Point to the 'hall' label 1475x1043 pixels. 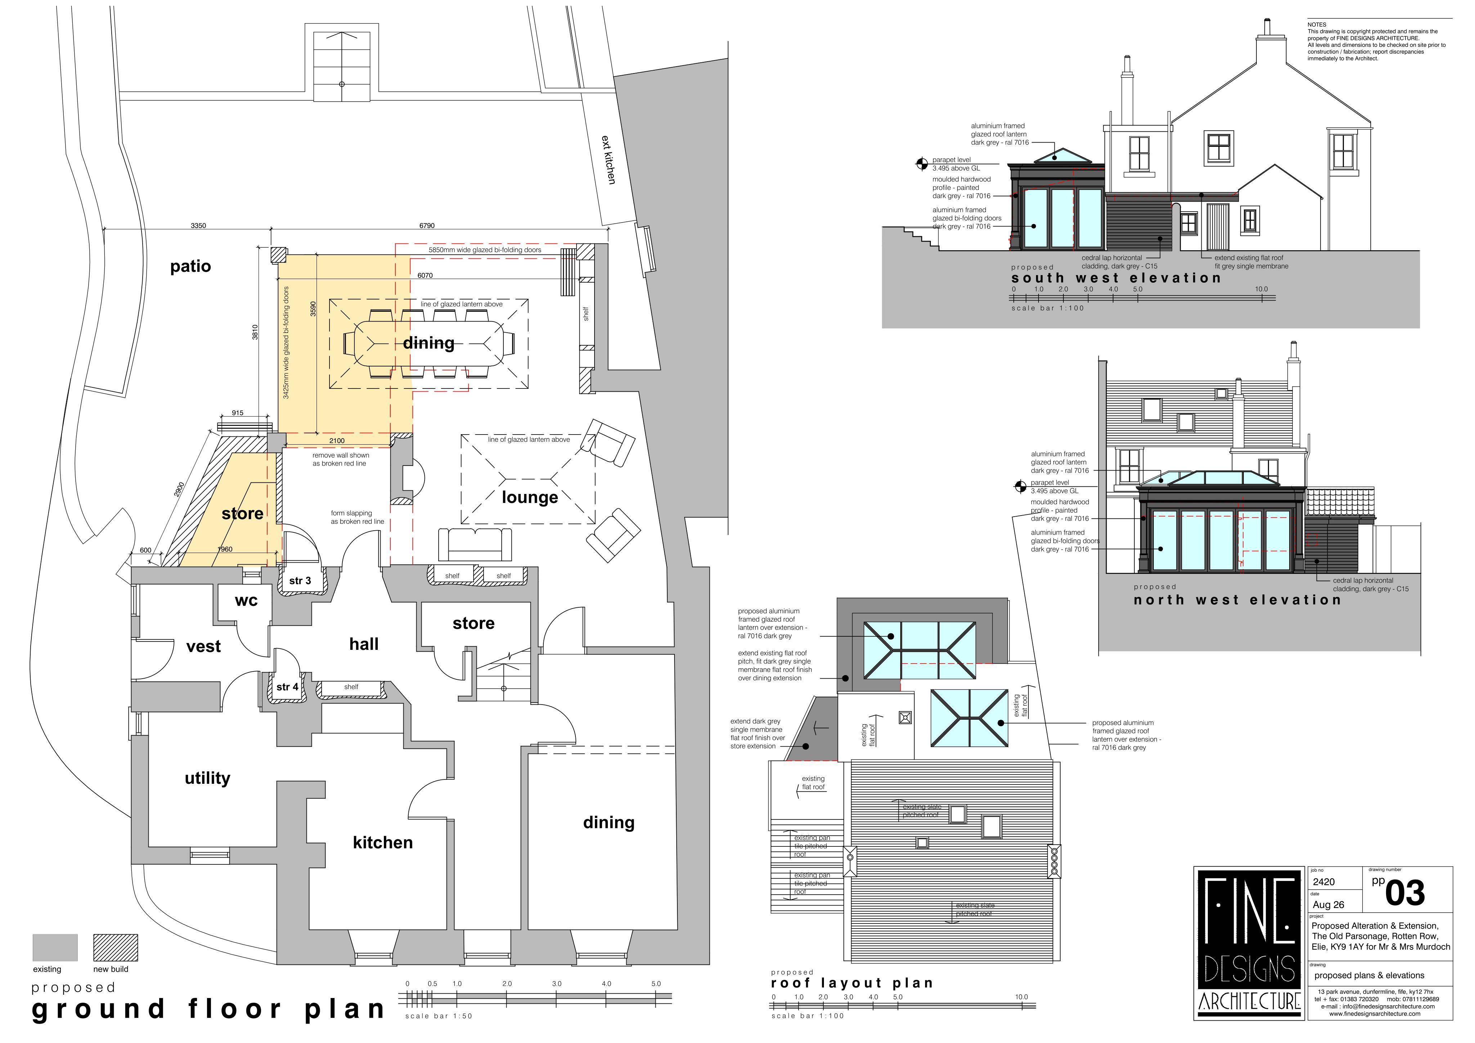[364, 644]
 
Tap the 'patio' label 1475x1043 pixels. [190, 266]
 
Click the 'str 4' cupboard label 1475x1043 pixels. [287, 687]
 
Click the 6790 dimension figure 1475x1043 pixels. [427, 225]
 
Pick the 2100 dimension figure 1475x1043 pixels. [337, 441]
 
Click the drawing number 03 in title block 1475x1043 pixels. [1405, 893]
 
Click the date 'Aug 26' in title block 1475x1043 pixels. [1328, 905]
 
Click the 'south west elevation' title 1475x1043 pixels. [1116, 278]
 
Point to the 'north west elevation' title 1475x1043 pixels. [1237, 600]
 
